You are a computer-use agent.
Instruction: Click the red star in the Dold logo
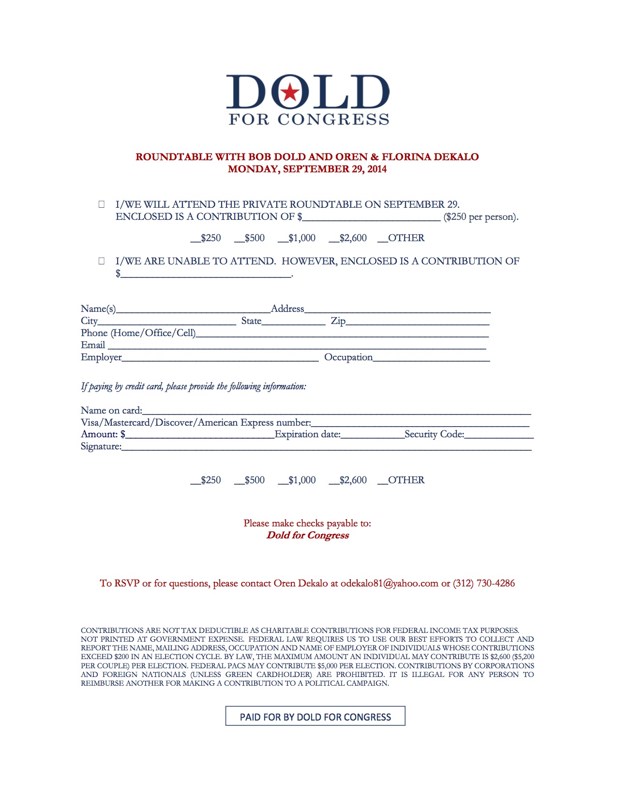coord(290,92)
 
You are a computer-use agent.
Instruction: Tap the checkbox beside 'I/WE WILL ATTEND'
coord(102,204)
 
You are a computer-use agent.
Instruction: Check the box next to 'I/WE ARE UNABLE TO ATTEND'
coord(102,261)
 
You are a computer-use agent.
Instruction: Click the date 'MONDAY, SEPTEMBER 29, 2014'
coord(307,169)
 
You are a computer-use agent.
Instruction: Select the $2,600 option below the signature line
coord(348,480)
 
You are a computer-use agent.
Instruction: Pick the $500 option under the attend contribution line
coord(250,238)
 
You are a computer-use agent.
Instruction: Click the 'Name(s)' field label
coord(98,308)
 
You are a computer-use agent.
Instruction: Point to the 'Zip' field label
coord(338,321)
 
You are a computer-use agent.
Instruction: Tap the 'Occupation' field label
coord(348,357)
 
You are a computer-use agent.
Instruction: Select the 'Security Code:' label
coord(434,434)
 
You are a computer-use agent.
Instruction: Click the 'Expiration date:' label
coord(307,434)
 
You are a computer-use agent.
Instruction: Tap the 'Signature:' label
coord(101,446)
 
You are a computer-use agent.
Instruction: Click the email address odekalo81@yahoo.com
coord(389,583)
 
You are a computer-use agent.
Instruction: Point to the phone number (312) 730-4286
coord(483,583)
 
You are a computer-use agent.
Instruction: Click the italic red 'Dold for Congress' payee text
coord(307,535)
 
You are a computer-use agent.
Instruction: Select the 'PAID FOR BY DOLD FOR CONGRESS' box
coord(315,716)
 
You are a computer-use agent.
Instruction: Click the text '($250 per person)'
coord(481,216)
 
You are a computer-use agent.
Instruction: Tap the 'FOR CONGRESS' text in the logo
coord(309,119)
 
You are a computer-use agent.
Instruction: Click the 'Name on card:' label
coord(111,410)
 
